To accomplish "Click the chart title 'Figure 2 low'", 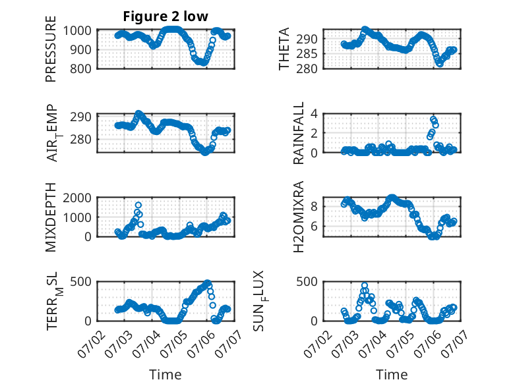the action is click(166, 16).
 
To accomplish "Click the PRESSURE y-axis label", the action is click(51, 49).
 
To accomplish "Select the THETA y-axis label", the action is click(284, 49).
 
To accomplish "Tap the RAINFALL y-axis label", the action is click(299, 133).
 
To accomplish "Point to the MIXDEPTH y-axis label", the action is click(51, 217).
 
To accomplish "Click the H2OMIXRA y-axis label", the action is click(299, 217).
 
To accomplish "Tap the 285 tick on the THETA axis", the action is click(307, 54).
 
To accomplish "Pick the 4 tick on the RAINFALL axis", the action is click(314, 114).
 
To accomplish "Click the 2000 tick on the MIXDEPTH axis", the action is click(77, 198).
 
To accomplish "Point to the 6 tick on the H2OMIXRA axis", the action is click(314, 226).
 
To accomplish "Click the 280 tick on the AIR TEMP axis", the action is click(80, 139).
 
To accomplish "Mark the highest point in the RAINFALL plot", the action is click(433, 119).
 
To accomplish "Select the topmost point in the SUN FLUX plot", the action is click(365, 285).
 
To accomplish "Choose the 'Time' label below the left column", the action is click(166, 375).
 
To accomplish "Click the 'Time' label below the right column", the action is click(392, 375).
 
